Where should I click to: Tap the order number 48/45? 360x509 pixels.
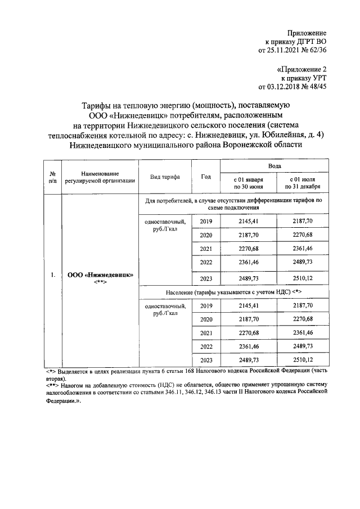[x=318, y=87]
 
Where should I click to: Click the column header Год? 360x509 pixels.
[x=206, y=177]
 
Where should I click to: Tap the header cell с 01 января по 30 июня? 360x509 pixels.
[x=248, y=182]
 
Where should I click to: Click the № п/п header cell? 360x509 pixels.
[x=52, y=177]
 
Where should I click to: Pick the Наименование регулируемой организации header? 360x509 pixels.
[x=100, y=177]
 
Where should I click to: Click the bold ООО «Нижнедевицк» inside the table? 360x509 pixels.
[x=100, y=275]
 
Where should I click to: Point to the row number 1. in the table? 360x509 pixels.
[x=52, y=275]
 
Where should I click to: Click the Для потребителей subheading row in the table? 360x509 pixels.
[x=234, y=204]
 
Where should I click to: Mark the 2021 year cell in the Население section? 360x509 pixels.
[x=206, y=332]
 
